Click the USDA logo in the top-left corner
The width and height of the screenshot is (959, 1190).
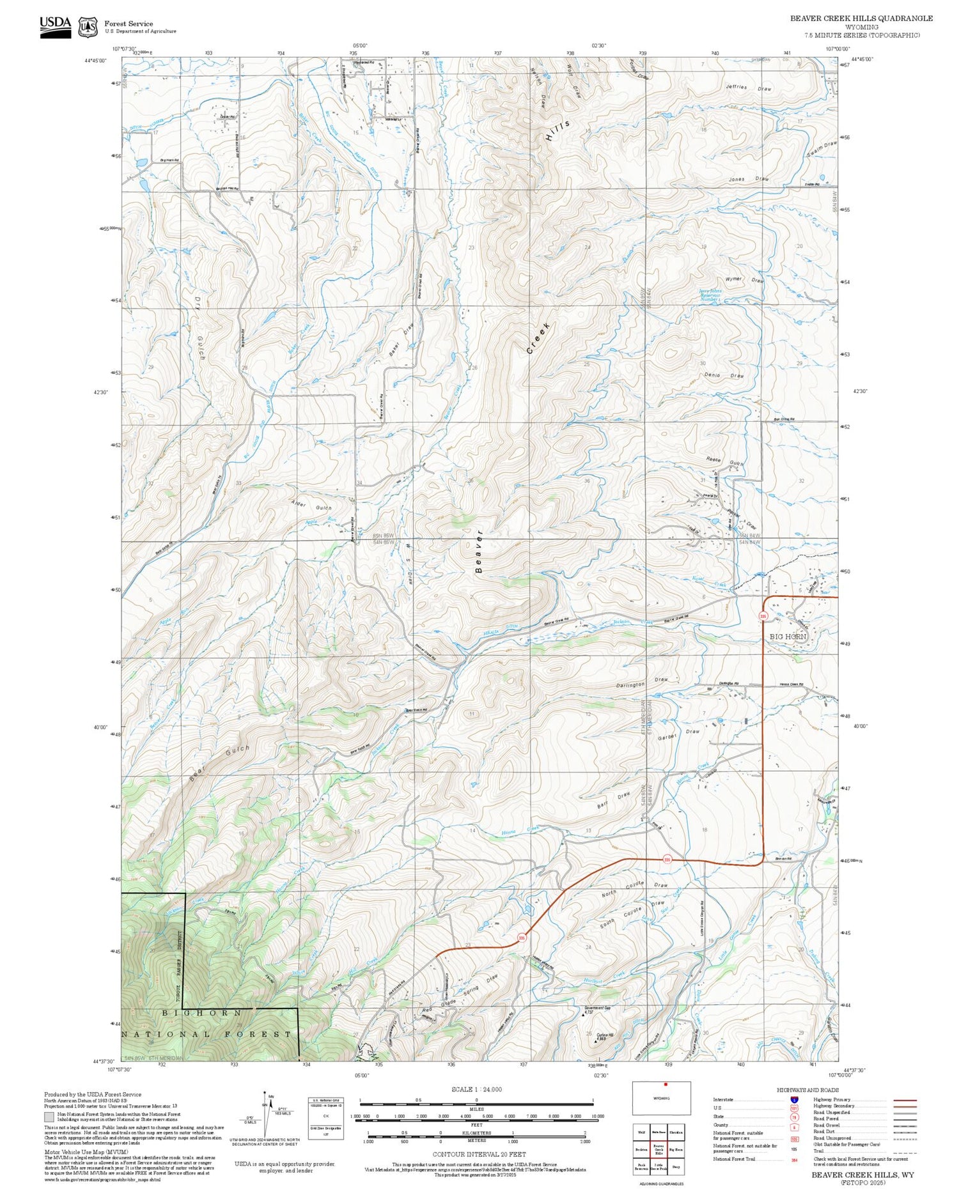tap(56, 27)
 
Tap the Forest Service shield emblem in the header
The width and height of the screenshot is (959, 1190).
tap(88, 27)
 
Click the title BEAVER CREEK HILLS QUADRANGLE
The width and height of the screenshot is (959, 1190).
tap(861, 19)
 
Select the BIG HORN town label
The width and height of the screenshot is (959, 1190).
tap(787, 637)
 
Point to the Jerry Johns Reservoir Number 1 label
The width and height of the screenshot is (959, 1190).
tap(710, 295)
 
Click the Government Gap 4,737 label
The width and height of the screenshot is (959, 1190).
tap(597, 1010)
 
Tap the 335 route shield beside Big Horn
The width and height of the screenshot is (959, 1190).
tap(763, 615)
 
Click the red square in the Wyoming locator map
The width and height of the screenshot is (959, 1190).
tap(665, 1084)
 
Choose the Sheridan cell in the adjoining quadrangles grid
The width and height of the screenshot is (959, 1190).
tap(676, 1132)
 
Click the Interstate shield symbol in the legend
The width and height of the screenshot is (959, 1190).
tap(793, 1099)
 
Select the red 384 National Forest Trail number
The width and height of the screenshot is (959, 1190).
tap(793, 1159)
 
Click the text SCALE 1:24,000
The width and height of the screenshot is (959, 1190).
tap(476, 1089)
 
